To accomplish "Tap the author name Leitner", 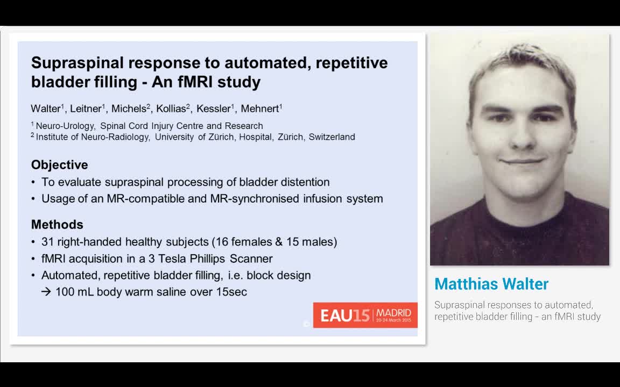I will point(85,109).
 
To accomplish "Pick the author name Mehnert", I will point(259,109).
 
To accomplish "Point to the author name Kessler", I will point(213,109).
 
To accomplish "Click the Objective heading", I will point(59,164).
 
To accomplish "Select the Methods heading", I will point(57,224).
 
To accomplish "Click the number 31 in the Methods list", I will point(47,242).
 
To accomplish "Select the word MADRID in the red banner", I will point(393,312).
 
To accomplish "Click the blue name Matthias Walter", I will point(491,284).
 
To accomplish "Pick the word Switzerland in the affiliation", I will point(332,137).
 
